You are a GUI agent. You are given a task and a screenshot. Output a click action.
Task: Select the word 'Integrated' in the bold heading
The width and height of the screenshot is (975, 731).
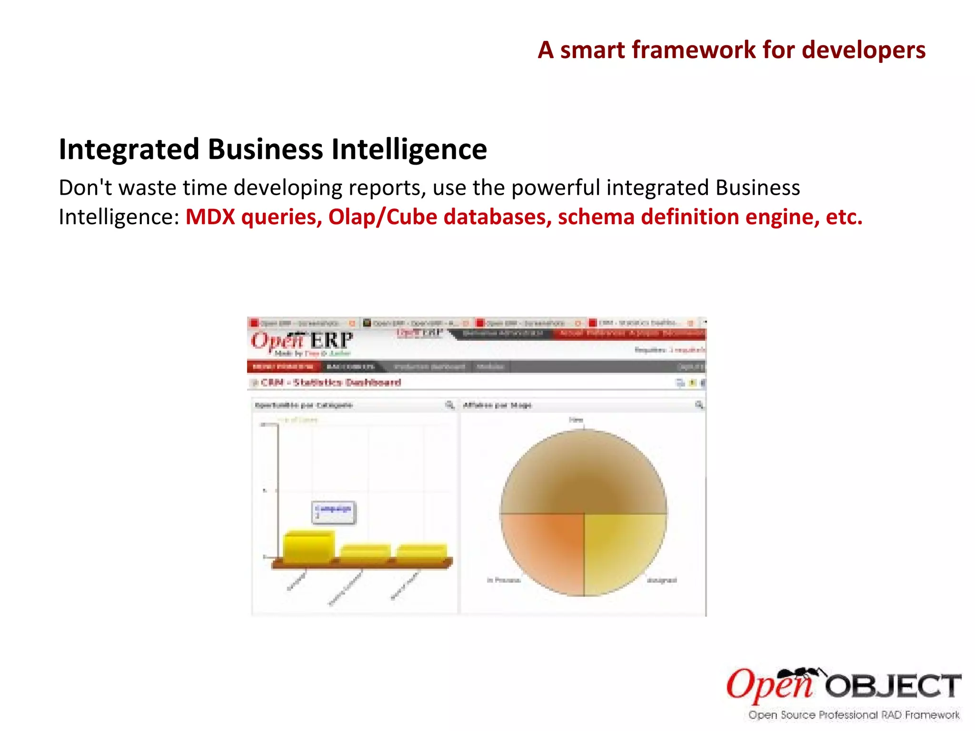pyautogui.click(x=129, y=149)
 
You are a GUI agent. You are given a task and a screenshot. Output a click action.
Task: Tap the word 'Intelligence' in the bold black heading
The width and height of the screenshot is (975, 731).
pyautogui.click(x=409, y=149)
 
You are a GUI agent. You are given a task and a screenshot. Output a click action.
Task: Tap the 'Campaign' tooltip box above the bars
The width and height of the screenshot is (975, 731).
pyautogui.click(x=333, y=512)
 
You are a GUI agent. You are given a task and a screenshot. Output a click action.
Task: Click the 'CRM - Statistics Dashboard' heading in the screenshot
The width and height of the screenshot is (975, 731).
pyautogui.click(x=330, y=383)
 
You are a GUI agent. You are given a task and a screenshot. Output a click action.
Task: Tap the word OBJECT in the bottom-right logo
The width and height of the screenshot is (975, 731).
pyautogui.click(x=893, y=687)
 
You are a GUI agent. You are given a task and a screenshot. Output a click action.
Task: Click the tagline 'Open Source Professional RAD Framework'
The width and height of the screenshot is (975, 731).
pyautogui.click(x=854, y=715)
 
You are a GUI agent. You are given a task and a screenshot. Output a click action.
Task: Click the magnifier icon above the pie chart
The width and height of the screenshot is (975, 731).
pyautogui.click(x=699, y=405)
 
